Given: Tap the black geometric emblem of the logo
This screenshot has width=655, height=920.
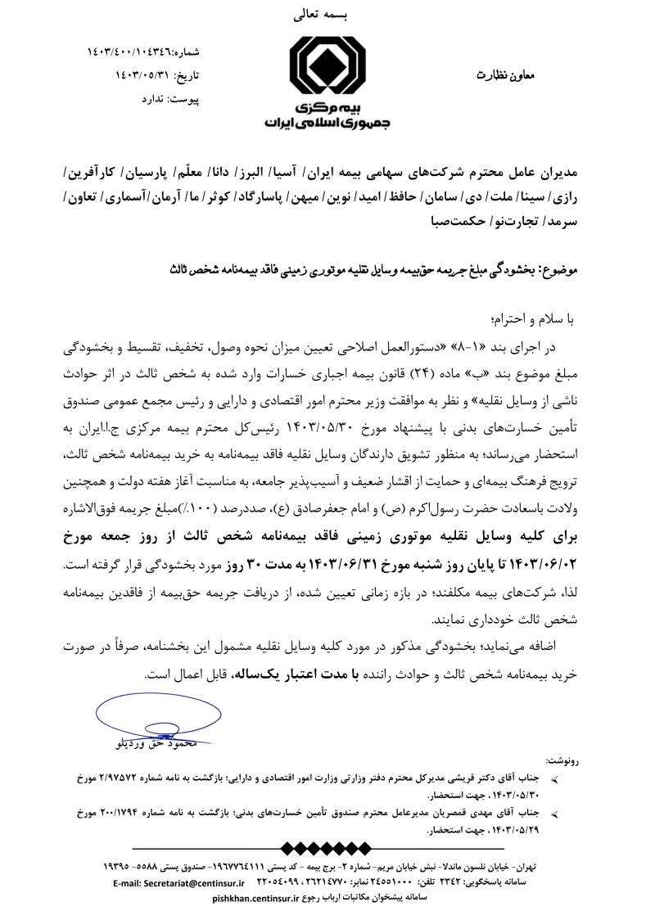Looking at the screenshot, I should pyautogui.click(x=327, y=68).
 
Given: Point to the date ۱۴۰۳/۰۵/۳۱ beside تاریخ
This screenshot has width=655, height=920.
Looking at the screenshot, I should pyautogui.click(x=146, y=77).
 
